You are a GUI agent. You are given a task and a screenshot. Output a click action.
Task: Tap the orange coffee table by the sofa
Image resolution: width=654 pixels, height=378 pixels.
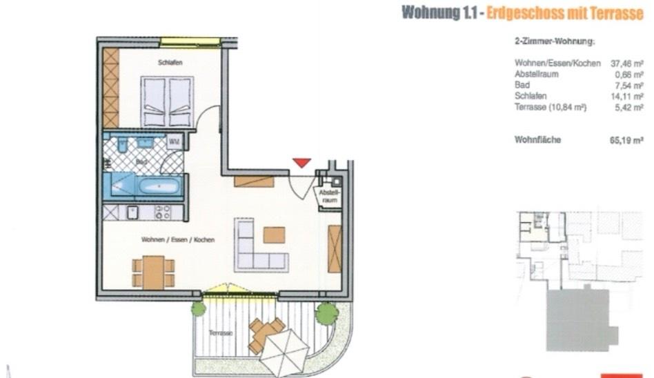coord(274,235)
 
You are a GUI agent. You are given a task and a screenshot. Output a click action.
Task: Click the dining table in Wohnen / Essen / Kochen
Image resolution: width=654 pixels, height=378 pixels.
coord(153,272)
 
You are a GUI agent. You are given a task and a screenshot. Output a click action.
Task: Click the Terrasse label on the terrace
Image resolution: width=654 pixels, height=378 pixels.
coord(221,333)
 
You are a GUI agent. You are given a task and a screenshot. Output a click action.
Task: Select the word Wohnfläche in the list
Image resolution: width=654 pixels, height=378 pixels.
coord(538,139)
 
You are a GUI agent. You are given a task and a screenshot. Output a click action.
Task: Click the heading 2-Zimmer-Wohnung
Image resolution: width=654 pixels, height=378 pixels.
coord(555,43)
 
